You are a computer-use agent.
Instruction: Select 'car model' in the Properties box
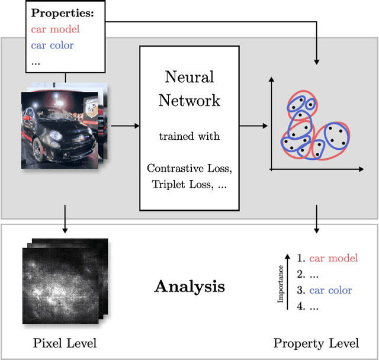55,28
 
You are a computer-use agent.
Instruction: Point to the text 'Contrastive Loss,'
189,168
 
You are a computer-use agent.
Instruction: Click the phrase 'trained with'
189,136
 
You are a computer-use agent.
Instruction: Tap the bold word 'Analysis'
189,287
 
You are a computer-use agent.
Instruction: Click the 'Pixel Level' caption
65,343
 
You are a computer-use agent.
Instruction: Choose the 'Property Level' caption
316,343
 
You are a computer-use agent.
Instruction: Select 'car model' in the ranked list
333,258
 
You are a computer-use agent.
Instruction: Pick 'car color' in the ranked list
330,290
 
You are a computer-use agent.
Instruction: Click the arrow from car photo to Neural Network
125,126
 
